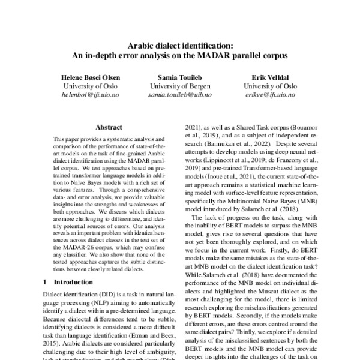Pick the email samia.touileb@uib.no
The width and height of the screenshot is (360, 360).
point(179,95)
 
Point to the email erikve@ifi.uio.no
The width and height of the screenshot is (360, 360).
point(271,95)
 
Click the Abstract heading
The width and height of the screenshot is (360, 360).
point(109,127)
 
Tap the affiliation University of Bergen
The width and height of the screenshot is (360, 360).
point(179,86)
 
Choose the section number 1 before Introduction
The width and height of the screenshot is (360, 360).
point(46,281)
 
